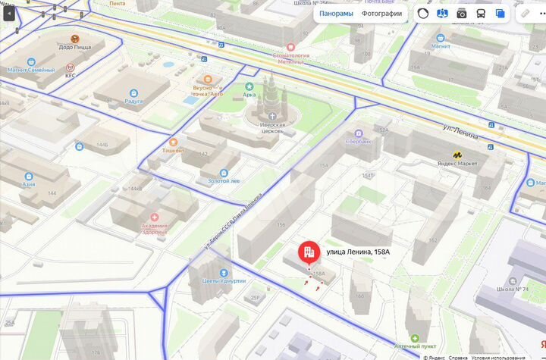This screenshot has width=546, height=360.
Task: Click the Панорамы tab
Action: [336, 13]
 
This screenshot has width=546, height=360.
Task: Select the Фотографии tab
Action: [381, 13]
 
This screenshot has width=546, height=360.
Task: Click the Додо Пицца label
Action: [75, 47]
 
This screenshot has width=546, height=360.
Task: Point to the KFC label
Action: [71, 75]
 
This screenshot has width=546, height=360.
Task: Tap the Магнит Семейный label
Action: [31, 70]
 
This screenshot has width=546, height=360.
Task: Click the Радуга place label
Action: [133, 101]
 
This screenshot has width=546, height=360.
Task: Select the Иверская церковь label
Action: [272, 130]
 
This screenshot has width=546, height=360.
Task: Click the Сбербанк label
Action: [358, 141]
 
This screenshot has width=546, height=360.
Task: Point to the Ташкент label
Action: [173, 150]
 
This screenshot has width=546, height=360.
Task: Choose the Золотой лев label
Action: [224, 182]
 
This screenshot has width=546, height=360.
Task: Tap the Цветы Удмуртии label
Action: [223, 280]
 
